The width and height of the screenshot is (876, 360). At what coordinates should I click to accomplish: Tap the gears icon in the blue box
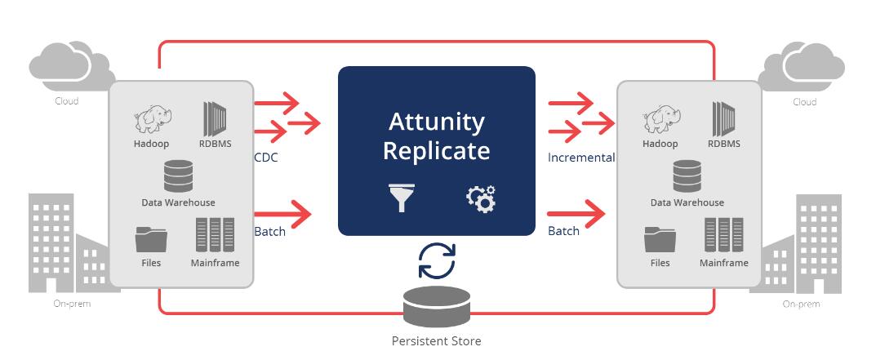click(480, 198)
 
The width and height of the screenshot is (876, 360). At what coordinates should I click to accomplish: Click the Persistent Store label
click(437, 340)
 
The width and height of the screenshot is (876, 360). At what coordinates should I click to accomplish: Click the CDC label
click(266, 158)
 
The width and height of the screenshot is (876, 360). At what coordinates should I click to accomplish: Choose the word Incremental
click(581, 158)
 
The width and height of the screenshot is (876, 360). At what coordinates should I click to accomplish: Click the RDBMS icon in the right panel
click(723, 120)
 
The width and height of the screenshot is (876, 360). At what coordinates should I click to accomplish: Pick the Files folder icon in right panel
click(660, 238)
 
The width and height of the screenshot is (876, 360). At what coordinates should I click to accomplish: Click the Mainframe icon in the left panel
click(215, 234)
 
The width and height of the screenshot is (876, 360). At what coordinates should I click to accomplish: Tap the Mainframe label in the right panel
click(723, 263)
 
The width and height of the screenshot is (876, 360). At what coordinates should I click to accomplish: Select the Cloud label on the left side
click(66, 101)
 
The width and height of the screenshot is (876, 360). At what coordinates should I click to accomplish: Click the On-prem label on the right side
click(801, 304)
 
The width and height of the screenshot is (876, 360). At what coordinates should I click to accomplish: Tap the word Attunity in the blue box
click(437, 122)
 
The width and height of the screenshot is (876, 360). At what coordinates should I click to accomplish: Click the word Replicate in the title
click(437, 151)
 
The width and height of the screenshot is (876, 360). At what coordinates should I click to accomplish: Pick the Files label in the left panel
click(150, 263)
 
